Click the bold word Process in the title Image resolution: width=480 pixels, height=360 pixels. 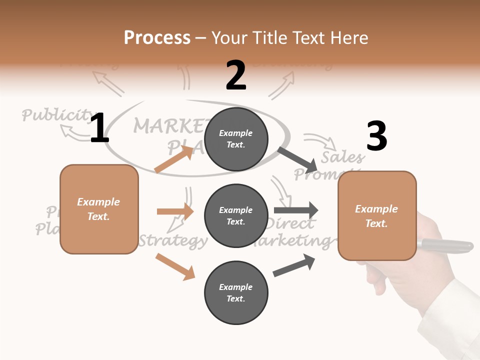point(157,38)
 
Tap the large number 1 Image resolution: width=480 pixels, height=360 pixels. point(99,128)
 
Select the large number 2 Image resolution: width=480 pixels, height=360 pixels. point(236,75)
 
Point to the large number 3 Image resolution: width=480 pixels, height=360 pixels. point(376,136)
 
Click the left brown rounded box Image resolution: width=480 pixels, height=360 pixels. point(99,209)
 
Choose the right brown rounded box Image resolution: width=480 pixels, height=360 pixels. point(377,215)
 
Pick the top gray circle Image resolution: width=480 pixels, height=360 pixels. point(236,139)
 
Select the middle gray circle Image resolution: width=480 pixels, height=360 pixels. point(236,215)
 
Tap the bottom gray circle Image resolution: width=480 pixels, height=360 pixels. point(236,292)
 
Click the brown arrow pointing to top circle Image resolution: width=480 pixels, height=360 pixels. point(174,159)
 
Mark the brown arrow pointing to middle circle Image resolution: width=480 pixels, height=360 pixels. point(175,211)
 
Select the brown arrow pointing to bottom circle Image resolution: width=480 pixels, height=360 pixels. point(175,266)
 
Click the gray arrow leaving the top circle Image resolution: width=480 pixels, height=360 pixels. point(297,159)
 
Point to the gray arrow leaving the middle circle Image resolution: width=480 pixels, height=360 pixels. point(296,210)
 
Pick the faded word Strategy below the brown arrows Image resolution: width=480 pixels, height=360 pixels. point(173,241)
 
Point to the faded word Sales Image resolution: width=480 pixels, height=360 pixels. point(342,157)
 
